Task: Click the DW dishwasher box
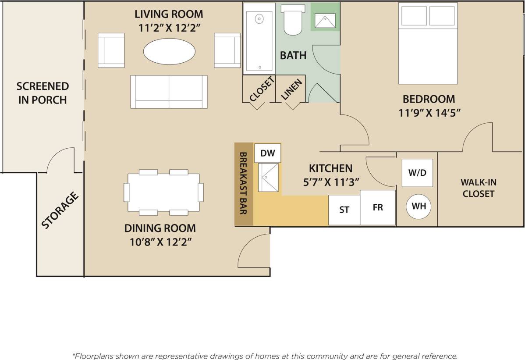coord(267,153)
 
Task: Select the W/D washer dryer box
coord(417,173)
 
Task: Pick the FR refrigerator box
coord(378,207)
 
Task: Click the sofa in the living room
coord(169,92)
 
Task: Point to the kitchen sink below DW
coord(268,177)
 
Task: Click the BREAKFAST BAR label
coord(244,183)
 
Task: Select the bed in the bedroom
coord(427,43)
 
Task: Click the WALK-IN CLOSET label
coord(478,188)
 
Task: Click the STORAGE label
coord(60,210)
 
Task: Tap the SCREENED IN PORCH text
coord(43,93)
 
